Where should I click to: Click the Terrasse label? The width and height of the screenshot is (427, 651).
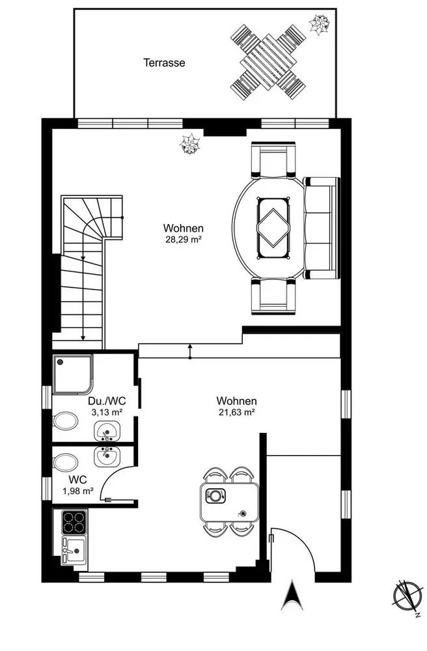click(164, 62)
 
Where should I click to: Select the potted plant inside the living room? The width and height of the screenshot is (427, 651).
click(189, 144)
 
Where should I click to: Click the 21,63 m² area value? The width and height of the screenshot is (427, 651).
click(236, 412)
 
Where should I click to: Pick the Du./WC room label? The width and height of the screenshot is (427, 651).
click(107, 401)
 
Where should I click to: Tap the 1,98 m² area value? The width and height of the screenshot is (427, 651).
click(77, 491)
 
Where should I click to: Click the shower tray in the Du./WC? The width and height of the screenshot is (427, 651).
click(72, 374)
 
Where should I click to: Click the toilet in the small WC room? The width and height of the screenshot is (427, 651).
click(65, 462)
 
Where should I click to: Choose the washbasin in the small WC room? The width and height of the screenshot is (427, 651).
click(107, 456)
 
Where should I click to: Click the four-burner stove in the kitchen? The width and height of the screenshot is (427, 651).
click(74, 521)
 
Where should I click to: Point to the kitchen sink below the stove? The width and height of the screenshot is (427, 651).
click(74, 550)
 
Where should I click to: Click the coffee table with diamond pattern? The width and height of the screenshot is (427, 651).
click(274, 228)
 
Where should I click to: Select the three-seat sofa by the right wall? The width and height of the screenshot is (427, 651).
click(322, 228)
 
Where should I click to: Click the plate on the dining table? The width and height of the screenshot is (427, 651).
click(215, 495)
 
